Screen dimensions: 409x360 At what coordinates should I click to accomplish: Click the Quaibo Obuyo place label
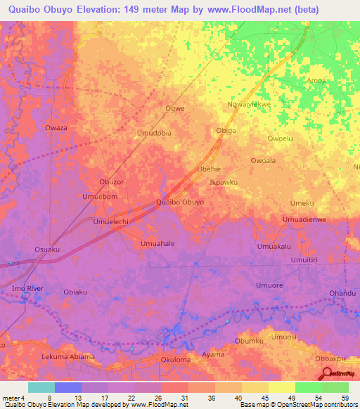180,202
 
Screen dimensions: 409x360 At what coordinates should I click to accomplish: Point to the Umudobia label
154,132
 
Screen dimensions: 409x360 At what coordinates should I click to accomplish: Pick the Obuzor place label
111,182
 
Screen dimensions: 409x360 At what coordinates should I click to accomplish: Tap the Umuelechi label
110,221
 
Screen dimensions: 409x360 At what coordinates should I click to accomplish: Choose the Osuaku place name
47,249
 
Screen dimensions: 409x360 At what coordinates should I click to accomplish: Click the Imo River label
27,289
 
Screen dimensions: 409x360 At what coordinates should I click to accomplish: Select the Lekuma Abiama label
68,357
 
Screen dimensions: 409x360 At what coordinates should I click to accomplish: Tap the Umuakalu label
274,247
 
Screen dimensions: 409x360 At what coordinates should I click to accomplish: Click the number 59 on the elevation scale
344,398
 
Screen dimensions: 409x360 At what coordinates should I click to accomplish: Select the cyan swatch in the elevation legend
41,387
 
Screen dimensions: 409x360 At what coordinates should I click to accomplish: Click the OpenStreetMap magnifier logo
326,376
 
